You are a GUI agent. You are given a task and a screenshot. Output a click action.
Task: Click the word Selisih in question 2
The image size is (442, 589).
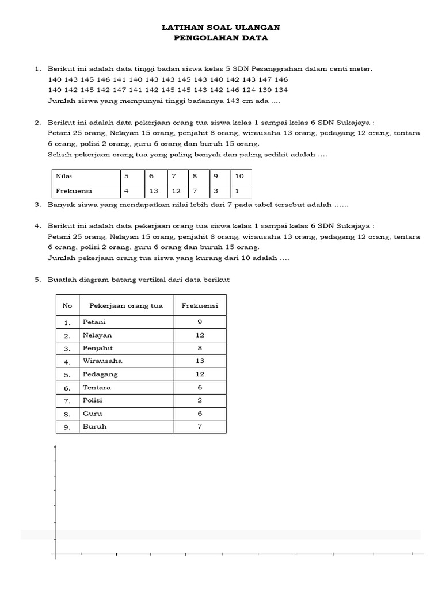59,155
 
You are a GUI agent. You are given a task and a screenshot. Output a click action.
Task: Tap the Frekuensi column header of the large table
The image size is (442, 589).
200,305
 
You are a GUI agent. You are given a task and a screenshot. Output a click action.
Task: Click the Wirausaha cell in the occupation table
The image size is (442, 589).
102,361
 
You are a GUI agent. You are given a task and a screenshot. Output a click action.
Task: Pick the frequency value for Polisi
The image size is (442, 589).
200,400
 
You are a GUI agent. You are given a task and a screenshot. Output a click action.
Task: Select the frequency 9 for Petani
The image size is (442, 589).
200,322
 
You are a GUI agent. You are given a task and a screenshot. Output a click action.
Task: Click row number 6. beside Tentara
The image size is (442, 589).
67,388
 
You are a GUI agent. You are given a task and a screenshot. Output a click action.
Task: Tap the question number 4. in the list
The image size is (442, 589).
37,227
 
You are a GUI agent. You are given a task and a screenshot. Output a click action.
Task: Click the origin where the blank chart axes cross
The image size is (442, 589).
55,554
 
